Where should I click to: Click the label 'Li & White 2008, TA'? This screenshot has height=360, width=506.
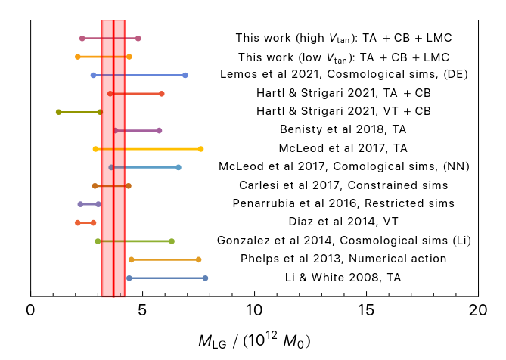coord(344,278)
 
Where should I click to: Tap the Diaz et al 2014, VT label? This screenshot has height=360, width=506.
coord(344,222)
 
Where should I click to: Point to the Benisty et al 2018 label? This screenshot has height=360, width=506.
coord(344,130)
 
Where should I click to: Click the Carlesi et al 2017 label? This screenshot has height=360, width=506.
coord(344,185)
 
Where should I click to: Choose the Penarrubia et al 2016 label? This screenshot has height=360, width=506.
coord(344,203)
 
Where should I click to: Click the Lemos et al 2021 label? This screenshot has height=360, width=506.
coord(344,74)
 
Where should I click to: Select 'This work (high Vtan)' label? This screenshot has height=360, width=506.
coord(344,37)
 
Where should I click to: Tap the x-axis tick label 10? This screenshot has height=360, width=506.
coord(254,310)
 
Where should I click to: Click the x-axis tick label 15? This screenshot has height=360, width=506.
coord(366,310)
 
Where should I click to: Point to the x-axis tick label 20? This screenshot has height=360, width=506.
coord(478,310)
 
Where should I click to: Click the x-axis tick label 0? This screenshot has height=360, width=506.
coord(30,310)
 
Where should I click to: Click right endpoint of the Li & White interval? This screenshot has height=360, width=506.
coord(205,278)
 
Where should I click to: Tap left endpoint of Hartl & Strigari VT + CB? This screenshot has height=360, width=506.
coord(58,112)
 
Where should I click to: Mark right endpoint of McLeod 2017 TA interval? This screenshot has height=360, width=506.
coord(200,149)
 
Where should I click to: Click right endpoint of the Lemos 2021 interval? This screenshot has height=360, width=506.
coord(185,75)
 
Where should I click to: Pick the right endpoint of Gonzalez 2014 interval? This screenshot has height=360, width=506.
coord(172,241)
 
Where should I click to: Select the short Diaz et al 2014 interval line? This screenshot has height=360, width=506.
coord(85,222)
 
